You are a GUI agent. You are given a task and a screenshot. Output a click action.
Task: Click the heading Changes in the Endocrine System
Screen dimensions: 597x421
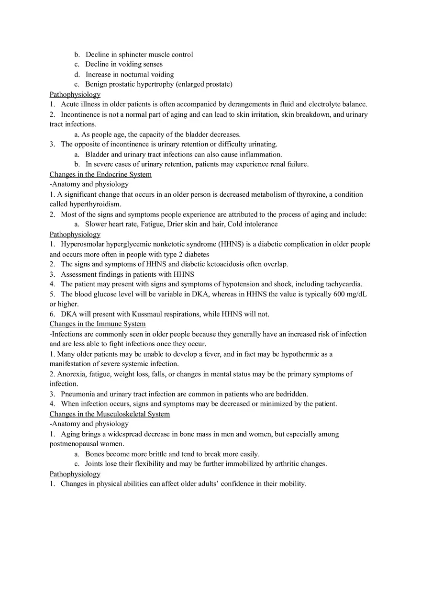(x=100, y=174)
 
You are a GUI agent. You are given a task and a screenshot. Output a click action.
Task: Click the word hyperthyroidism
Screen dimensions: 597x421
(x=94, y=204)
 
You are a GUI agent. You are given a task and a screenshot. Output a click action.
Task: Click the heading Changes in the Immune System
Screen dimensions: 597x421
(x=98, y=324)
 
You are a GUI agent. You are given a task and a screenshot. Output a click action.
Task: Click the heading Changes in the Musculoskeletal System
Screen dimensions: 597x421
(x=110, y=414)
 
